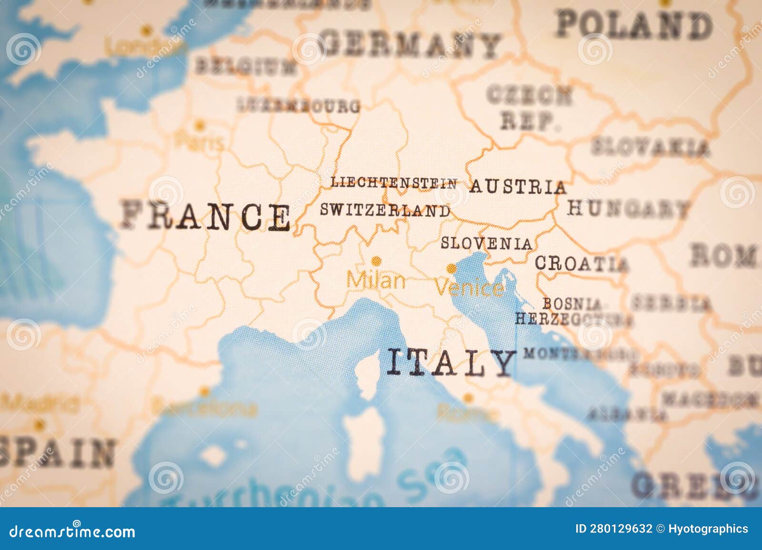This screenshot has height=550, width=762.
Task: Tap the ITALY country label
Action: tap(451, 363)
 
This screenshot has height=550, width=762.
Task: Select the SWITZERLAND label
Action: tap(385, 210)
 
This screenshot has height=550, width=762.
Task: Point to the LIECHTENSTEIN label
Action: tap(394, 183)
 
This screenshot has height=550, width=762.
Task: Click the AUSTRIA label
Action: tap(518, 187)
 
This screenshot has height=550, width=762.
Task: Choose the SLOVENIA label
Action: tap(486, 243)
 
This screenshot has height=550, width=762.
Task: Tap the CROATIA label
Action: tap(581, 263)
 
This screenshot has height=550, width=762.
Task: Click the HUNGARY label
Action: tap(628, 208)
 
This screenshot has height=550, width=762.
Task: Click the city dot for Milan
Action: tap(376, 261)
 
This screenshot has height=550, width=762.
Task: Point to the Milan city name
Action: tap(376, 280)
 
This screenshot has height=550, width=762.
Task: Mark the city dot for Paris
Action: tap(200, 126)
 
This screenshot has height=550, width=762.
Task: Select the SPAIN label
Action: tap(57, 452)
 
